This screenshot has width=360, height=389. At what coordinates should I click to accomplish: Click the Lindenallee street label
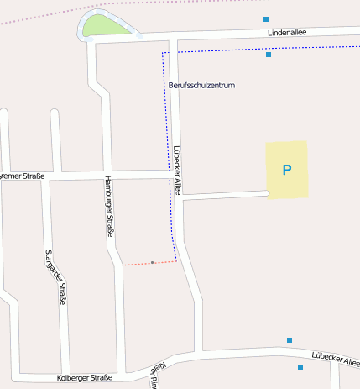pyautogui.click(x=287, y=33)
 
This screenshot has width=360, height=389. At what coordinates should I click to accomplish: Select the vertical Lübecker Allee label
pyautogui.click(x=178, y=171)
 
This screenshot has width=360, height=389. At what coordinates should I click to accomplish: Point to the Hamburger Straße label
pyautogui.click(x=108, y=206)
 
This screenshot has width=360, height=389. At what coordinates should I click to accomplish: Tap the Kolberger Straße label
pyautogui.click(x=84, y=378)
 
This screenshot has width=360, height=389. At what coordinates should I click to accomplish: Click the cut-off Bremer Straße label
pyautogui.click(x=22, y=176)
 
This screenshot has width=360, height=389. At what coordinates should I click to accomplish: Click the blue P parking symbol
pyautogui.click(x=286, y=171)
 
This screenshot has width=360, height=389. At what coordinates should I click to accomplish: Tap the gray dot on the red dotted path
pyautogui.click(x=152, y=263)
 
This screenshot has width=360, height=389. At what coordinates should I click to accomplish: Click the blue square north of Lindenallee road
pyautogui.click(x=266, y=18)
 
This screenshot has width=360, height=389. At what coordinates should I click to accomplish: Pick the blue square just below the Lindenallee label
pyautogui.click(x=269, y=55)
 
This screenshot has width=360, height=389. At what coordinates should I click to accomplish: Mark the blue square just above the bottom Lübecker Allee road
pyautogui.click(x=290, y=340)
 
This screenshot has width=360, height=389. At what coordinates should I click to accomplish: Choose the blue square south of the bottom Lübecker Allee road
pyautogui.click(x=300, y=367)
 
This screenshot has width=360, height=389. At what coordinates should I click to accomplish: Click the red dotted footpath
pyautogui.click(x=138, y=264)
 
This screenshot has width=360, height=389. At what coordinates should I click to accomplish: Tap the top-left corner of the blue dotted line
pyautogui.click(x=163, y=53)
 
